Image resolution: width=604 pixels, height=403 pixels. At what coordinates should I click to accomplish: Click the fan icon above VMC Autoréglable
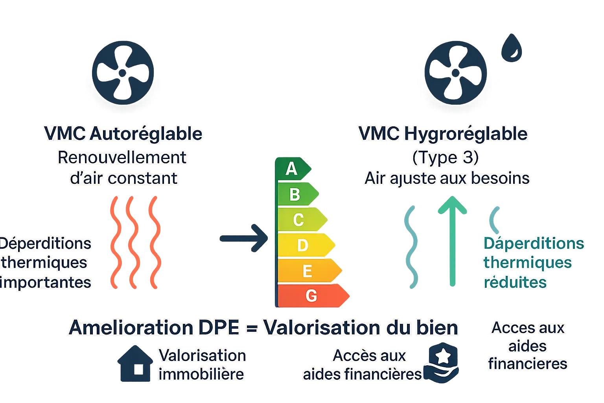pos(123,72)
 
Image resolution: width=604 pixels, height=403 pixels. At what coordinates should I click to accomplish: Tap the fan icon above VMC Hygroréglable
pos(456,73)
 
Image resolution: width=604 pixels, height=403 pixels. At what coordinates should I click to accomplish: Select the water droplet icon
pos(512,48)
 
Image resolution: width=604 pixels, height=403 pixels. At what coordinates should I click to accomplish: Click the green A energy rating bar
pos(292,169)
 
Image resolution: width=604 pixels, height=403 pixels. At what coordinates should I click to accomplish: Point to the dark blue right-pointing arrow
pos(244,238)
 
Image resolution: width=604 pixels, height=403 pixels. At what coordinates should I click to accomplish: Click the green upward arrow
pos(452,240)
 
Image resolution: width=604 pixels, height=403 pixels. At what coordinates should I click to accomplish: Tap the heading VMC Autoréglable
pos(123,133)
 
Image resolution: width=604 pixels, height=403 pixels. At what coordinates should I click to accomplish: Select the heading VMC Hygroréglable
pos(443,133)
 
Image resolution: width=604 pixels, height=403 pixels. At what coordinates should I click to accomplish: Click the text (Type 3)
pos(445,157)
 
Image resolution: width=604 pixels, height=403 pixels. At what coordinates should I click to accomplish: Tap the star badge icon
pos(444,362)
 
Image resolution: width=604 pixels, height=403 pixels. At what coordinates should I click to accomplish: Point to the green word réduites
pos(515,282)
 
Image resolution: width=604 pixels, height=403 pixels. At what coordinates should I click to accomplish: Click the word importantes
pos(46,282)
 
